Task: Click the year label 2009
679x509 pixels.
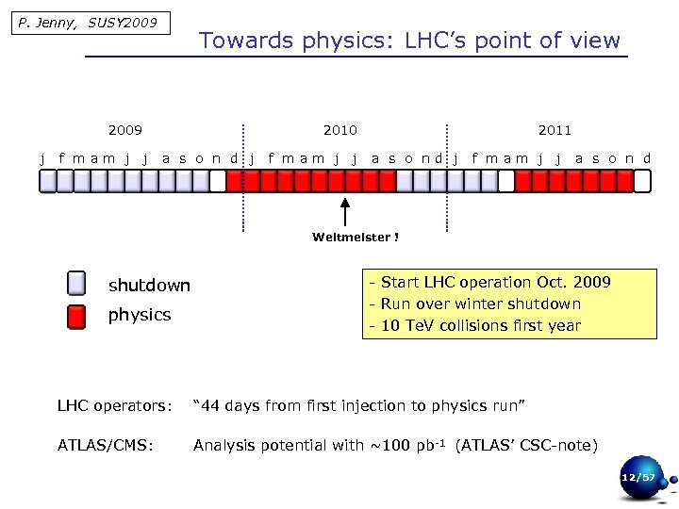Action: point(125,130)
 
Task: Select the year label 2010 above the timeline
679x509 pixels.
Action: point(339,130)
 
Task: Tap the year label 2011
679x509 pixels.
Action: point(555,130)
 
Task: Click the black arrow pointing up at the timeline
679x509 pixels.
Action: point(345,211)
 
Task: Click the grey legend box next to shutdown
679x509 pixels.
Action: point(76,284)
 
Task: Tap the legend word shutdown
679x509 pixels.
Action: point(149,286)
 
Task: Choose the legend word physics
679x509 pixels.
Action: point(140,315)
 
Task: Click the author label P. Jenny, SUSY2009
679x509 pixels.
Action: point(87,23)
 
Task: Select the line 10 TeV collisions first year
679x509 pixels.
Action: point(479,326)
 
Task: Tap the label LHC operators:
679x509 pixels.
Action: point(115,405)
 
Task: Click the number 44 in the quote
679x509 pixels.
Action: point(211,405)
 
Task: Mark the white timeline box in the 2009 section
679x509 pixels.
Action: point(218,181)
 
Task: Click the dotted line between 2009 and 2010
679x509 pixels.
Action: point(243,179)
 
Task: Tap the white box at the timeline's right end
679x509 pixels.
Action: point(642,181)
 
